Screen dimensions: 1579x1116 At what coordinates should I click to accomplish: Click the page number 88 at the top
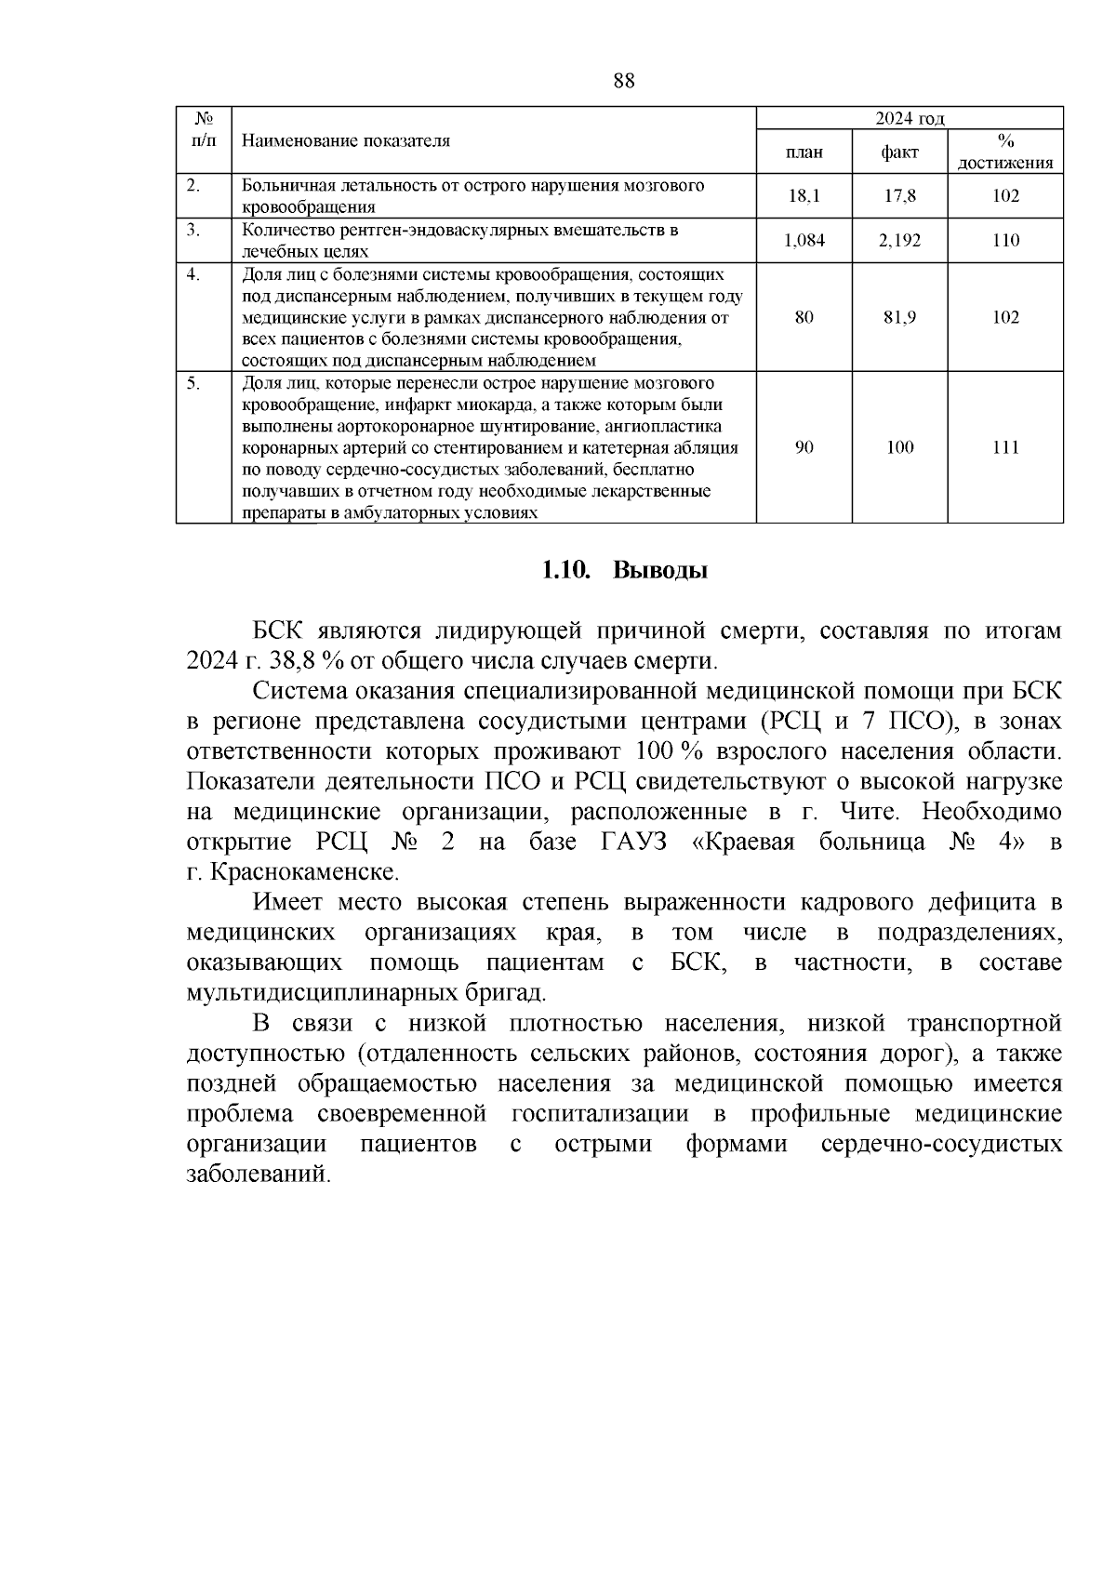[624, 81]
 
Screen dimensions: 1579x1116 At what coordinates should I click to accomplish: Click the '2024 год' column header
[910, 118]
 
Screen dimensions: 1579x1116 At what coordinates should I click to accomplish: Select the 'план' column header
[804, 152]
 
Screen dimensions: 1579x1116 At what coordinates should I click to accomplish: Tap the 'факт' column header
[899, 152]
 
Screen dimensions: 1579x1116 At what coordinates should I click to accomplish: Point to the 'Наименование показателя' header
[346, 140]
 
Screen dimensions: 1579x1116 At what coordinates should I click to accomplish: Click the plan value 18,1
[804, 196]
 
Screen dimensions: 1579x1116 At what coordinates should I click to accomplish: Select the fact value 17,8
[899, 196]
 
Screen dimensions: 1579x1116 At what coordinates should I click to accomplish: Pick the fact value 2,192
[899, 241]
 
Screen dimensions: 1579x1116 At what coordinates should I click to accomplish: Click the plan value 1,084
[804, 241]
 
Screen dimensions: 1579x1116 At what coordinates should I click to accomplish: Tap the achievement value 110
[1005, 241]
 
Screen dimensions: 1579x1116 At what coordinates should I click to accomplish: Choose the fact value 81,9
[899, 317]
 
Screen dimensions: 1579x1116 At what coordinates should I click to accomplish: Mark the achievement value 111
[1005, 447]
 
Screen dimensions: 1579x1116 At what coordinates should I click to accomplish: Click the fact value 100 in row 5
[899, 447]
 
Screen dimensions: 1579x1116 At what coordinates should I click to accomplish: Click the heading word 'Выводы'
[660, 570]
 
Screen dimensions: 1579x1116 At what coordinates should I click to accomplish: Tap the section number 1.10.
[566, 570]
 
